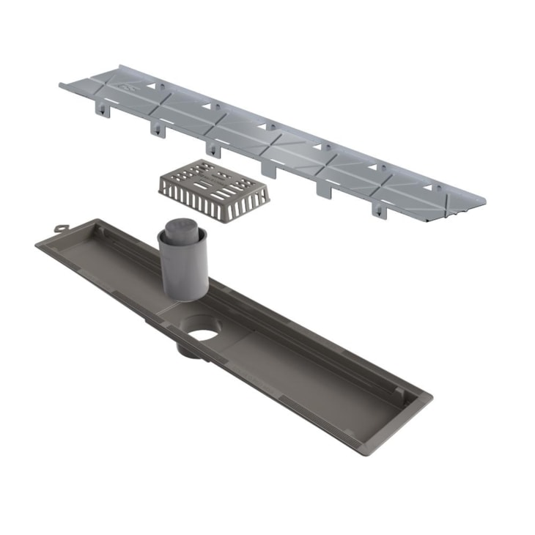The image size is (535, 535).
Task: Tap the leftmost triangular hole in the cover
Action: (152, 86)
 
